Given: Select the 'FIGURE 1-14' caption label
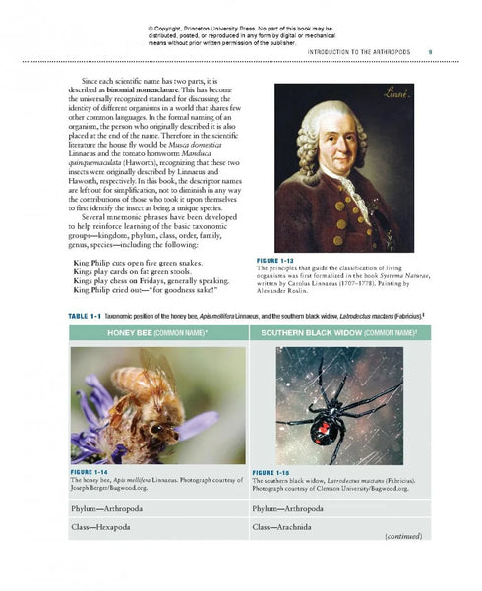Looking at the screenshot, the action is coord(93,471).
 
